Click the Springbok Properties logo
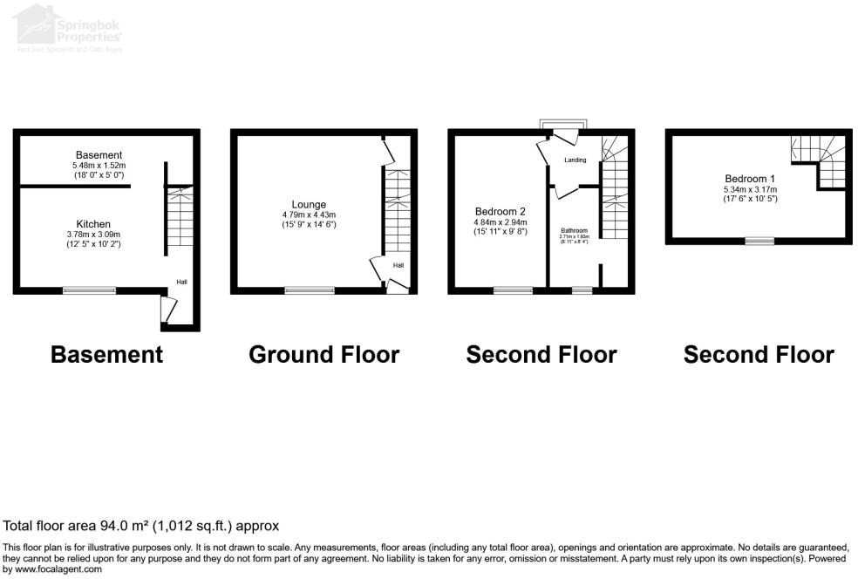pyautogui.click(x=70, y=29)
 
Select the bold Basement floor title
pyautogui.click(x=106, y=355)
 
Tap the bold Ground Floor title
pyautogui.click(x=323, y=355)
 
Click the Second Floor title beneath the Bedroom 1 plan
pyautogui.click(x=758, y=355)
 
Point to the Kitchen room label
pyautogui.click(x=92, y=224)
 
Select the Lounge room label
pyautogui.click(x=309, y=205)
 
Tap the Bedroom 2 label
pyautogui.click(x=500, y=212)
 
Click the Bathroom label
pyautogui.click(x=574, y=230)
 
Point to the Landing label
pyautogui.click(x=575, y=160)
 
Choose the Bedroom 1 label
pyautogui.click(x=749, y=180)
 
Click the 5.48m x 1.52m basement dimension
pyautogui.click(x=99, y=165)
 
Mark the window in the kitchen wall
pyautogui.click(x=89, y=290)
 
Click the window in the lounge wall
pyautogui.click(x=303, y=290)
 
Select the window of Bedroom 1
pyautogui.click(x=759, y=241)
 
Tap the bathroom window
pyautogui.click(x=582, y=290)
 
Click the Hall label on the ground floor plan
pyautogui.click(x=398, y=266)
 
